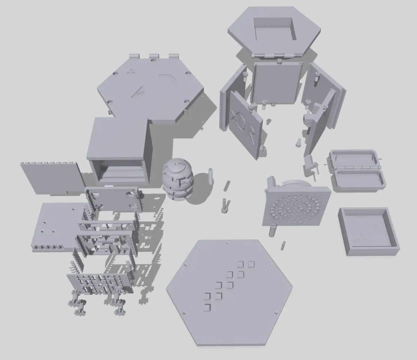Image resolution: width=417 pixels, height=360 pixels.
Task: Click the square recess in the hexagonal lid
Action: point(275,29)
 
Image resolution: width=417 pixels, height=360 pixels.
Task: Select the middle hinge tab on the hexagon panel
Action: point(154,57)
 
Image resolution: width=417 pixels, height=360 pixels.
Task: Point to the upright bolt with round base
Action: point(224,206)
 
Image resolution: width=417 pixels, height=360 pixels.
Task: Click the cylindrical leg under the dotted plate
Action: point(273,230)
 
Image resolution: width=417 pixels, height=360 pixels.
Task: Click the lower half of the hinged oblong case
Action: point(359,180)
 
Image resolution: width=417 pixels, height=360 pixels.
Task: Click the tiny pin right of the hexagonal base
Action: point(284,245)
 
